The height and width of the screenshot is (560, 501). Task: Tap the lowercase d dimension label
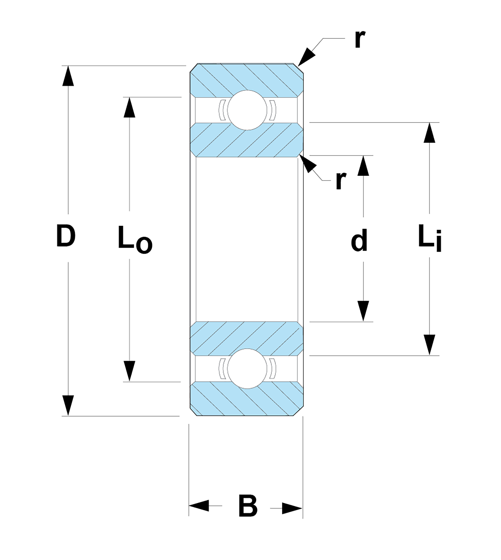(x=359, y=240)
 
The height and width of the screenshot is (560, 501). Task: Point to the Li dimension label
(x=430, y=238)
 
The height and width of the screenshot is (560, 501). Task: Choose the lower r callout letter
(x=341, y=180)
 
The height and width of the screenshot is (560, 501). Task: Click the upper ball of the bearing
(x=247, y=110)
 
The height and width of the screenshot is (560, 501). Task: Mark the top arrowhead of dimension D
(x=68, y=76)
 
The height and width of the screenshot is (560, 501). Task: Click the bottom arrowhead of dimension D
(x=68, y=405)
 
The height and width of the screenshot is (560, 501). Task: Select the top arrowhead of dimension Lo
(x=129, y=108)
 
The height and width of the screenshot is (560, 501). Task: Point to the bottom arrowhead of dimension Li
(x=429, y=345)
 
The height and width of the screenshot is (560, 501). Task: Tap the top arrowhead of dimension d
(x=363, y=166)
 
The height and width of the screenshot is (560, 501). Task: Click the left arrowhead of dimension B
(x=199, y=505)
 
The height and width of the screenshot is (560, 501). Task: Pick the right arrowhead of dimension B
(x=292, y=508)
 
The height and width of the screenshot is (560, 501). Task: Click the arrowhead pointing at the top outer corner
(x=306, y=57)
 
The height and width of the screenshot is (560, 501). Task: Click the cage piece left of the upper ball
(x=222, y=110)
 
